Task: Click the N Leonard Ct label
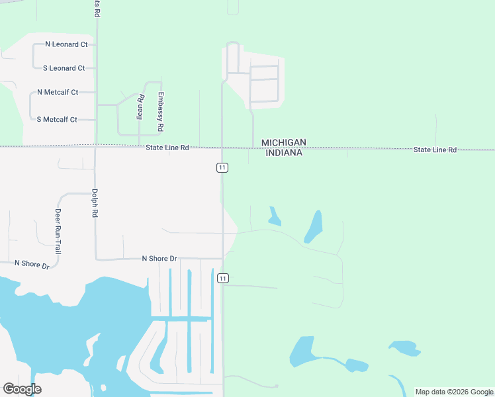coord(66,44)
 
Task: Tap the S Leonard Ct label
coord(64,68)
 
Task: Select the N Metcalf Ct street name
coord(58,92)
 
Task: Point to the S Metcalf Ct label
coord(57,119)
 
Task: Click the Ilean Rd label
coord(140,107)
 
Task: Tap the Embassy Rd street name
coord(159,110)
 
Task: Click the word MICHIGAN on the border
coord(283,142)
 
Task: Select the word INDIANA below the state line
coord(284,153)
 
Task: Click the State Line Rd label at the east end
coord(435,150)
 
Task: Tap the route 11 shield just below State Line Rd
coord(222,168)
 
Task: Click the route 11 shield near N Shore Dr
coord(223,279)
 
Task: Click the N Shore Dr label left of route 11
coord(159,258)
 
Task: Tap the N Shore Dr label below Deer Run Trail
coord(32,264)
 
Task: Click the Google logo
coord(22,389)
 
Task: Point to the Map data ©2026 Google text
coord(454,392)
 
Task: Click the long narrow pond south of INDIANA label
coord(314,226)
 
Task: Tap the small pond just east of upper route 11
coord(274,216)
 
